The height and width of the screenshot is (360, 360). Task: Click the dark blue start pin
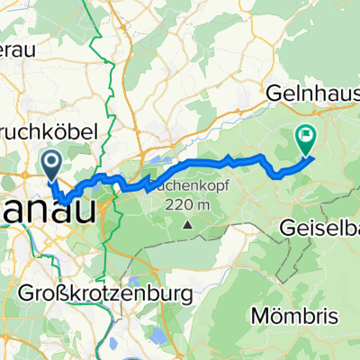click(50, 163)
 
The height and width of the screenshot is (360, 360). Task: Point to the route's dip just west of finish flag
click(281, 170)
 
